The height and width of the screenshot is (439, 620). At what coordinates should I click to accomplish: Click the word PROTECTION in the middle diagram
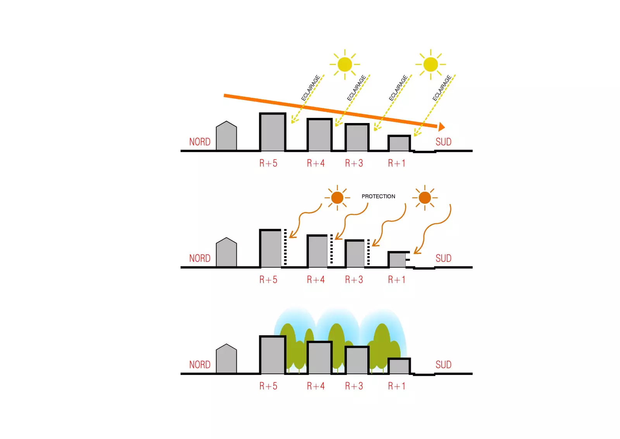click(x=378, y=196)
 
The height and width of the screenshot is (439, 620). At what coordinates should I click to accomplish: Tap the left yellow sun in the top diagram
click(x=344, y=64)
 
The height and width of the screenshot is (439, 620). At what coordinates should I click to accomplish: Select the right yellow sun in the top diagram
click(x=431, y=64)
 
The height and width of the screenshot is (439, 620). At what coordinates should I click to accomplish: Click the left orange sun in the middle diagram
click(x=337, y=198)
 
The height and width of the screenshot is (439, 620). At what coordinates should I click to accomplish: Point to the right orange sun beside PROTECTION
click(x=425, y=198)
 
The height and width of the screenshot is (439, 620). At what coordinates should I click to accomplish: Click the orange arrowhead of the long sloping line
click(x=441, y=127)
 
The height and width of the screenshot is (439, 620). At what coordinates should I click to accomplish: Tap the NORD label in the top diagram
click(x=200, y=142)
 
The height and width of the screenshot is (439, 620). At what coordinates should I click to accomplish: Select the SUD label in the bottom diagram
click(x=443, y=365)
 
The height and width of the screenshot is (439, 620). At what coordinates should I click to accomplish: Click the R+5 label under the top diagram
click(x=268, y=163)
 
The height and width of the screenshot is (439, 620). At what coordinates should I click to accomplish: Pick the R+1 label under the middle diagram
click(x=396, y=280)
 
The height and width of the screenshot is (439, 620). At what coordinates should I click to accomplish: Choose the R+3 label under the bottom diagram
click(x=354, y=386)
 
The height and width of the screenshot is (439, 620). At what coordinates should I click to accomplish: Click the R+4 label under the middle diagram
click(x=315, y=280)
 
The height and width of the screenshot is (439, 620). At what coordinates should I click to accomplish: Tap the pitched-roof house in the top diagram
click(x=226, y=137)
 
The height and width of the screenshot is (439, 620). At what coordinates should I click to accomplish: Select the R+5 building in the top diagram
click(x=272, y=132)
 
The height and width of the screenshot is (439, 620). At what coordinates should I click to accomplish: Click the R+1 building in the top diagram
click(x=399, y=143)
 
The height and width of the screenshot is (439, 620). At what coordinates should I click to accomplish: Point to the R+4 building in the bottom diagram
click(x=319, y=357)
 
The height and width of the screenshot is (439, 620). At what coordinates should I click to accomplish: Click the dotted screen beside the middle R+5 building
click(x=286, y=247)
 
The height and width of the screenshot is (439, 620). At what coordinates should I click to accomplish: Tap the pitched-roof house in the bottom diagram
click(x=226, y=359)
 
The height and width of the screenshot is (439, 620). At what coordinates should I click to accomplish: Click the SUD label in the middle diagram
click(x=443, y=259)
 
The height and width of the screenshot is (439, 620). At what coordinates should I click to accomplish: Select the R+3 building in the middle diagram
click(x=355, y=254)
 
